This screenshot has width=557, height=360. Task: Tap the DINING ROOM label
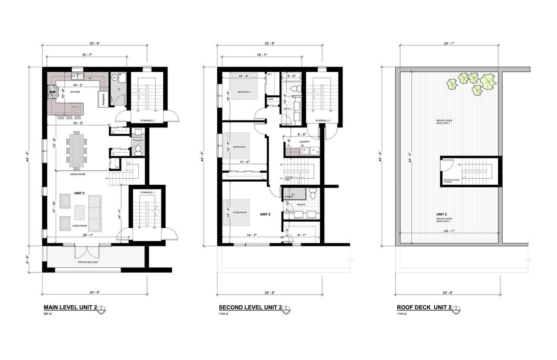(x=77, y=174)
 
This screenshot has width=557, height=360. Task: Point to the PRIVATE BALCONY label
(x=89, y=263)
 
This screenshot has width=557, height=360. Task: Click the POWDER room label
(x=138, y=140)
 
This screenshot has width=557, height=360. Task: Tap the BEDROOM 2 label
(x=239, y=147)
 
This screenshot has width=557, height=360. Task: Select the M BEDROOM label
(x=240, y=212)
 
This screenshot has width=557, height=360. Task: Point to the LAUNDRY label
(x=304, y=142)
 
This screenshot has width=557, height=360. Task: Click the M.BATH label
(x=301, y=205)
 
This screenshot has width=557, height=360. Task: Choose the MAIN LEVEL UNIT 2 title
(x=70, y=307)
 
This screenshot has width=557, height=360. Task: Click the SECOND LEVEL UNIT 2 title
(x=250, y=307)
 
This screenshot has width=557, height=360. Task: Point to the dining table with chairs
(x=77, y=150)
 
